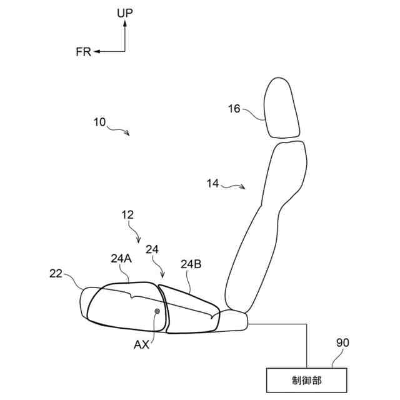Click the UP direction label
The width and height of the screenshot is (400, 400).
click(x=125, y=12)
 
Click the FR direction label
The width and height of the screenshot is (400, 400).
click(x=83, y=52)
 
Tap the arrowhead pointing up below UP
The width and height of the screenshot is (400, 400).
click(x=125, y=23)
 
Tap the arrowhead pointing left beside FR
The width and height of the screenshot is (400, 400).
click(x=96, y=52)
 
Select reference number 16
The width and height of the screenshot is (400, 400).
click(x=234, y=109)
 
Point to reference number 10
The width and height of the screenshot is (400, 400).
click(x=100, y=122)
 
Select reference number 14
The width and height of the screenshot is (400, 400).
click(x=213, y=183)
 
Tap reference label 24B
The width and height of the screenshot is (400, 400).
click(x=191, y=264)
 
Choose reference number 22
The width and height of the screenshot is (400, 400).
click(x=57, y=273)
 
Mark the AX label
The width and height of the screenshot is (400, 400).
click(x=141, y=344)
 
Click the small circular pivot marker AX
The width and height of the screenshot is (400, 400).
click(x=157, y=311)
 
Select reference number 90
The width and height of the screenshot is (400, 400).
click(x=342, y=342)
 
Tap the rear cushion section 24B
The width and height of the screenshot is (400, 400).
click(x=187, y=309)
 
